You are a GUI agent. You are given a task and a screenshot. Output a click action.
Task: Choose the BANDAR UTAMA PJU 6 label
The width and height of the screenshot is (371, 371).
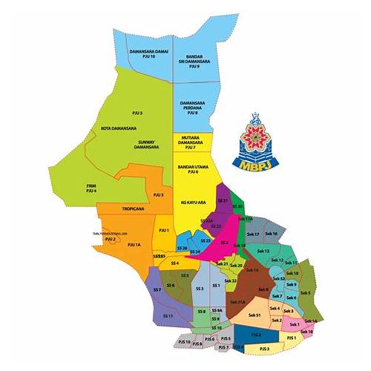click(x=191, y=169)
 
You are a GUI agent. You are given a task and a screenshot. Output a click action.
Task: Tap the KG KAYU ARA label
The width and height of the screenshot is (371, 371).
click(x=191, y=202)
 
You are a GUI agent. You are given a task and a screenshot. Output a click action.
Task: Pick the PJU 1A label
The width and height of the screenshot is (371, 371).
click(x=134, y=244)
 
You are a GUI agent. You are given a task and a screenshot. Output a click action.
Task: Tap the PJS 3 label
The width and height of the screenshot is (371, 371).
click(x=264, y=348)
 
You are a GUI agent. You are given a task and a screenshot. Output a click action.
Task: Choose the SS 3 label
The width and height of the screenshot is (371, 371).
click(x=199, y=288)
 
